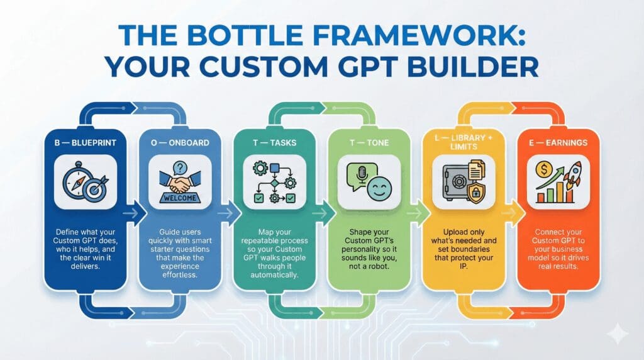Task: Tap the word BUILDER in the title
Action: coord(472,67)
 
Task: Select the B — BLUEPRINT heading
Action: coord(86,143)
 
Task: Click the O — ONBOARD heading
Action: coord(180,143)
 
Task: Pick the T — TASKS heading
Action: coord(274,143)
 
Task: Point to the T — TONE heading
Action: coord(369,143)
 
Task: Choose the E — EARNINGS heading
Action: coord(558,143)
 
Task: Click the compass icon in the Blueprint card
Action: coord(75,180)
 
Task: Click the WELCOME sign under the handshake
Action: coord(180,198)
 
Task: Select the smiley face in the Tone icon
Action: coord(379,189)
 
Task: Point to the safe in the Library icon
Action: coord(457,182)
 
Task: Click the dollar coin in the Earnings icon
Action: coord(544,169)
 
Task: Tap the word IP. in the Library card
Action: coord(464,266)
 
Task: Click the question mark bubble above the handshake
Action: coord(180,167)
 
